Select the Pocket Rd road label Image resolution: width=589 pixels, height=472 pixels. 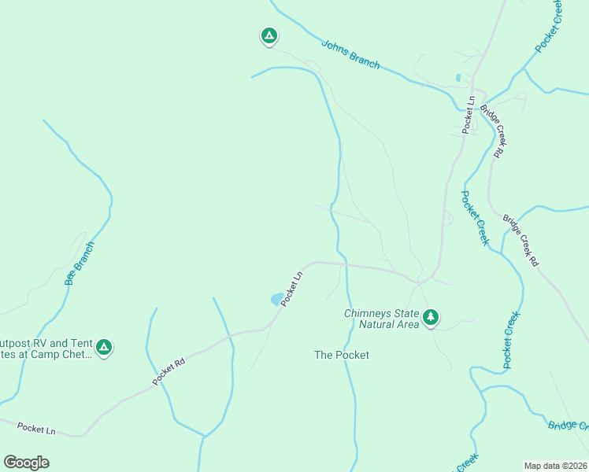169,371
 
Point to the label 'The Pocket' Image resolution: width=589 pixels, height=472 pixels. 342,355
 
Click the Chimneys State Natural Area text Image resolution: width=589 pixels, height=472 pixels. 381,318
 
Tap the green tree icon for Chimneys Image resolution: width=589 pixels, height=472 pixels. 430,318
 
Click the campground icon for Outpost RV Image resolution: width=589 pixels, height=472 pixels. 103,347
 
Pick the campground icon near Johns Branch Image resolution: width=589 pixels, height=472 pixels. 269,36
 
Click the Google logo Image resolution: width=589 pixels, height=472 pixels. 26,463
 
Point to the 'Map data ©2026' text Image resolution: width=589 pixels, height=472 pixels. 555,465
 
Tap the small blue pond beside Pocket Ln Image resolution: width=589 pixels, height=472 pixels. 277,299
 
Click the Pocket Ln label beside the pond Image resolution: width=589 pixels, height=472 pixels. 292,288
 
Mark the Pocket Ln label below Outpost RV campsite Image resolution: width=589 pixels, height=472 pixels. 36,429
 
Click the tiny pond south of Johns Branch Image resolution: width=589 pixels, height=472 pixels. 457,78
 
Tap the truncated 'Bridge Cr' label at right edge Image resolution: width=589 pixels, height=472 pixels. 569,425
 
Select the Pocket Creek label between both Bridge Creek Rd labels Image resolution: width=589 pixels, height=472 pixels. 475,218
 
